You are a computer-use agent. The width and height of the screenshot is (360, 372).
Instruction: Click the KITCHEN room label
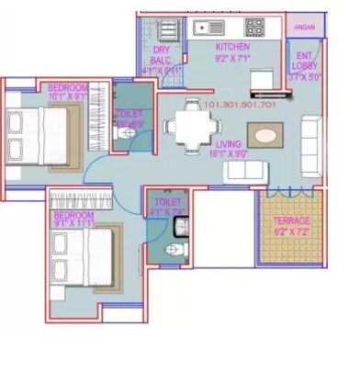point(233,47)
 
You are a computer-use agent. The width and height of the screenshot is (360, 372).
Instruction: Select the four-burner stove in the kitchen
point(254,26)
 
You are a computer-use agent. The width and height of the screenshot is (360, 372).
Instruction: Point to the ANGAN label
point(304,28)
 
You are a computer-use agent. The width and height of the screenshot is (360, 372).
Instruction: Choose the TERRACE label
point(291,221)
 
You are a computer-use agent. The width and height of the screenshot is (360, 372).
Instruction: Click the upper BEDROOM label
point(67,88)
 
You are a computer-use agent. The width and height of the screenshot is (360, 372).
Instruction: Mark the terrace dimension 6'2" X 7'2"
point(291,232)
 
